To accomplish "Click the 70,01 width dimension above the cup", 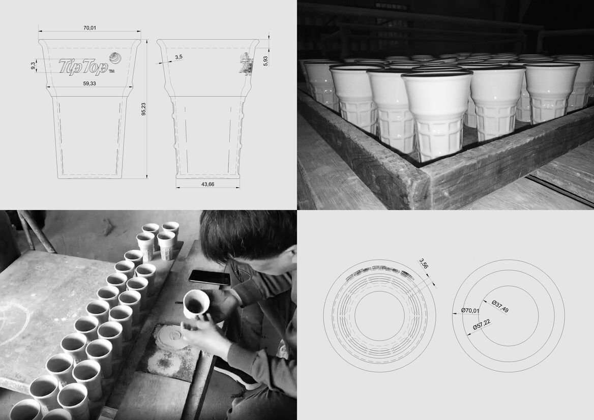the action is [90, 27].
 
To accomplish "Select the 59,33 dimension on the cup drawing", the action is [90, 83].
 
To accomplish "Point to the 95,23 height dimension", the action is [143, 109].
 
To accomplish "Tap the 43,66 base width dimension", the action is [207, 184].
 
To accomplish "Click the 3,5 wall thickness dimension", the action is [179, 57].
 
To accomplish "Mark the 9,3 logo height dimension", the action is [34, 66].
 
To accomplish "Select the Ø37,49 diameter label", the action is [500, 307].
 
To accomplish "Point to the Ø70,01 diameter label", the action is [470, 311].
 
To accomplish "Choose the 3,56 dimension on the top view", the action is [424, 263].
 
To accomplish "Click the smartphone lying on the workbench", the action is [210, 277].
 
